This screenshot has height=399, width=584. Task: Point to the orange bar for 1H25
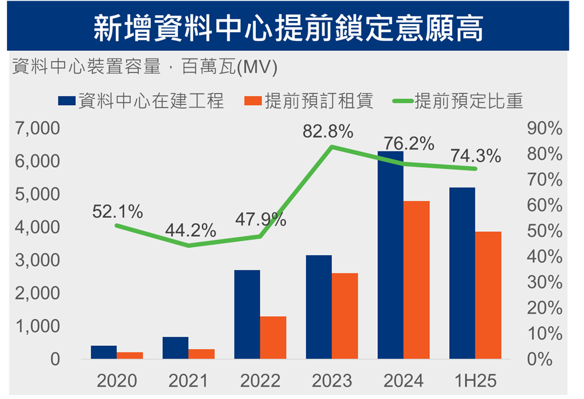click(x=488, y=295)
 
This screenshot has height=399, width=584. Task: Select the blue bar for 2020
click(x=104, y=352)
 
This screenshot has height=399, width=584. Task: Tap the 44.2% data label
click(x=190, y=230)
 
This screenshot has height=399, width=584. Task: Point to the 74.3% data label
click(x=475, y=157)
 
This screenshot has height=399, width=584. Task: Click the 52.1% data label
click(x=117, y=213)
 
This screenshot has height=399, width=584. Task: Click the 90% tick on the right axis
click(x=544, y=129)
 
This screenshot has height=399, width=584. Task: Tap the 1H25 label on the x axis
click(x=475, y=381)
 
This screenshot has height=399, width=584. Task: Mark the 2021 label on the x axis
click(x=188, y=381)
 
